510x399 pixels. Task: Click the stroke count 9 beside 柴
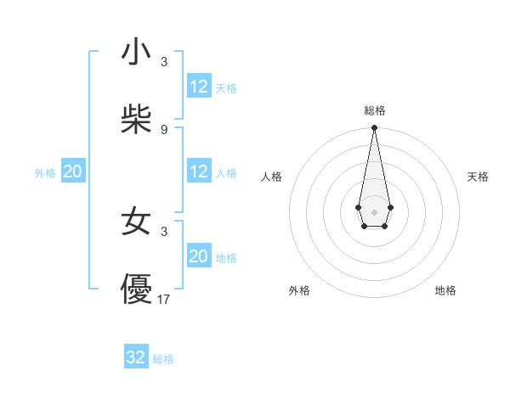(x=164, y=129)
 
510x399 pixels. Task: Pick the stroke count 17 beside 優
(x=164, y=299)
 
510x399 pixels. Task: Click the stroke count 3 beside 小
(x=164, y=62)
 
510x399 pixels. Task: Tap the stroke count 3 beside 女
(x=164, y=230)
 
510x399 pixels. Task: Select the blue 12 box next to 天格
(x=198, y=87)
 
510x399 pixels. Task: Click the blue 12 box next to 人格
(x=198, y=171)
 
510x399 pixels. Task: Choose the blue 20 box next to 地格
(x=198, y=256)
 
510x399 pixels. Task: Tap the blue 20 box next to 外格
(x=72, y=171)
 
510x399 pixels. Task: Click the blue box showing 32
(x=136, y=357)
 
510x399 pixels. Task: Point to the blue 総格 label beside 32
(x=163, y=359)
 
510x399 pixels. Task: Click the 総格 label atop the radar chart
(x=374, y=110)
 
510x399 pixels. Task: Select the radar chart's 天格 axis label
(x=478, y=177)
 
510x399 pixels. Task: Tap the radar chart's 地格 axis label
(x=445, y=290)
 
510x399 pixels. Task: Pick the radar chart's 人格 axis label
(x=271, y=177)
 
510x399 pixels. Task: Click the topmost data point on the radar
(x=374, y=128)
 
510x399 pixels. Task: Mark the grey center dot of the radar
(x=374, y=211)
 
